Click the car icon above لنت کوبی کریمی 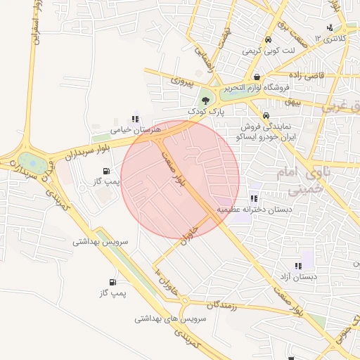(268, 40)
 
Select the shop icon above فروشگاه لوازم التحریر (257, 77)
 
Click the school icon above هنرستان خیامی (134, 120)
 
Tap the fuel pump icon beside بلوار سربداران (106, 171)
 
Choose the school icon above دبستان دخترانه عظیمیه (253, 199)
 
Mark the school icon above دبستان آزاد (298, 266)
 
